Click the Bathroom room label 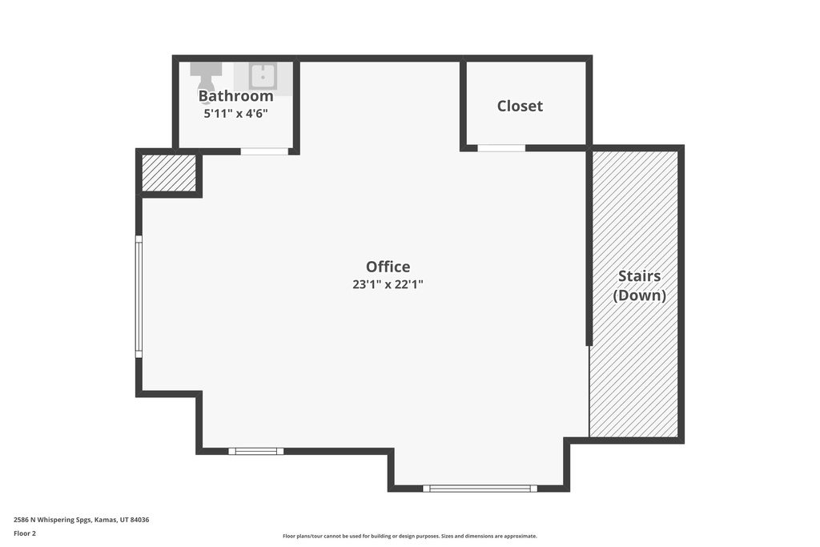click(236, 96)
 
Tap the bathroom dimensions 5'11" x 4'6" click(236, 114)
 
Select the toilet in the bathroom click(206, 78)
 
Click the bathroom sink click(263, 77)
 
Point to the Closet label click(520, 107)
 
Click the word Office click(388, 267)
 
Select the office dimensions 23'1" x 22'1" click(388, 284)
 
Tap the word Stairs click(640, 276)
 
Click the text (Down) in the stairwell click(640, 296)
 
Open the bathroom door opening click(264, 151)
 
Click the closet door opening click(501, 148)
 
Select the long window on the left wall click(139, 296)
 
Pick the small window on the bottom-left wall click(255, 452)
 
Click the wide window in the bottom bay click(480, 489)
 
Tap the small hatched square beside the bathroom click(169, 173)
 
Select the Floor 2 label click(25, 533)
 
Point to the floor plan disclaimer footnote click(410, 536)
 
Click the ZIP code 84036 click(139, 520)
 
